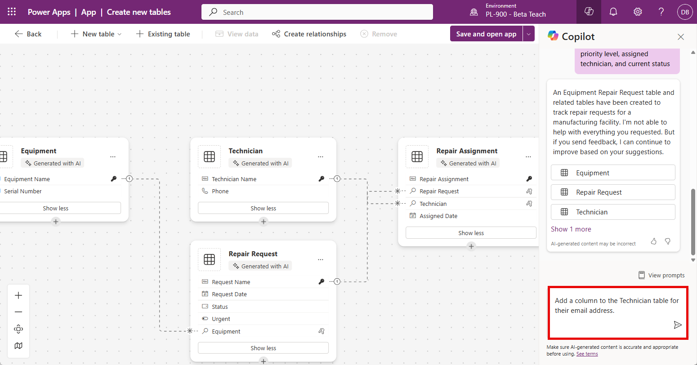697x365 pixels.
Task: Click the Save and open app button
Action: click(486, 34)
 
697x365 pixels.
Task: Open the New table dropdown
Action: click(96, 34)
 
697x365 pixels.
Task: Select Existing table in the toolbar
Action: click(163, 34)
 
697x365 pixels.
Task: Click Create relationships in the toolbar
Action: click(309, 34)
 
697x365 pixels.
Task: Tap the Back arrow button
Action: click(28, 34)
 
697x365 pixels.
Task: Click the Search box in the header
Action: click(317, 12)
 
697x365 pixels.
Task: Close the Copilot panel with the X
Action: click(681, 37)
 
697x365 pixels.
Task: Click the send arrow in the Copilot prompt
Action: click(677, 325)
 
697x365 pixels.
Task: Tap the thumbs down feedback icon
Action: click(668, 241)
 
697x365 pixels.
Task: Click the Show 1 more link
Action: click(571, 229)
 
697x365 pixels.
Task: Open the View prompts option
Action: click(661, 276)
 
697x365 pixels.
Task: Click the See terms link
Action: click(587, 354)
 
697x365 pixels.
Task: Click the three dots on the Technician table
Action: click(321, 157)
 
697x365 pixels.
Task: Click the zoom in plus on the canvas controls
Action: click(18, 295)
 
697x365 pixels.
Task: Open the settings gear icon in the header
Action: click(638, 12)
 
